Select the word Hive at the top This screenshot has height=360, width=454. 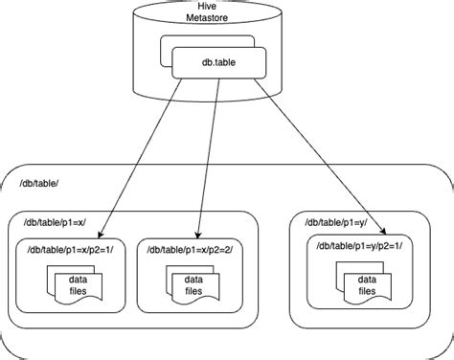point(225,8)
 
